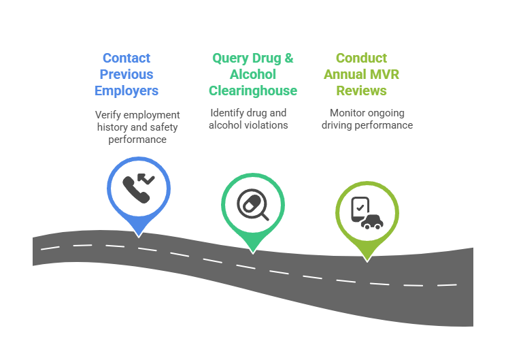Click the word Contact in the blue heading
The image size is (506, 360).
click(126, 59)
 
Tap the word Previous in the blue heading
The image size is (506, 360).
click(126, 74)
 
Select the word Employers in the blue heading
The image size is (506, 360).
click(126, 91)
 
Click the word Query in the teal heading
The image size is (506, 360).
click(230, 59)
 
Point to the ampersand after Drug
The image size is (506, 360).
click(288, 59)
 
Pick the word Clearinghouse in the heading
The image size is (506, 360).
click(253, 91)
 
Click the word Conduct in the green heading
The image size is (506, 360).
click(361, 59)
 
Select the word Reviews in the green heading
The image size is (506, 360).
click(361, 91)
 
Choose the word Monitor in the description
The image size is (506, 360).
click(346, 113)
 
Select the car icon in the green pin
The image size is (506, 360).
click(370, 220)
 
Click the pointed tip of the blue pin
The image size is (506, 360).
click(139, 235)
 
